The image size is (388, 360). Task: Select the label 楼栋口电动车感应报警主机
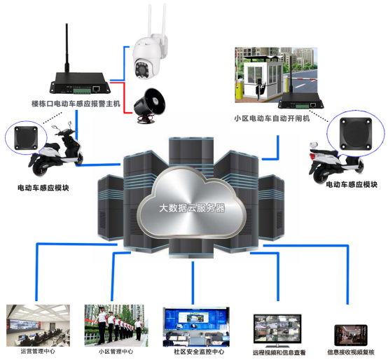coord(77,103)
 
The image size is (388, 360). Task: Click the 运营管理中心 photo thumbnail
coord(36,324)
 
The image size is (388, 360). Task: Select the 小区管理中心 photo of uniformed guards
coord(113,324)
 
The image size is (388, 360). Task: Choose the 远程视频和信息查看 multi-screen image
coord(278,328)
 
